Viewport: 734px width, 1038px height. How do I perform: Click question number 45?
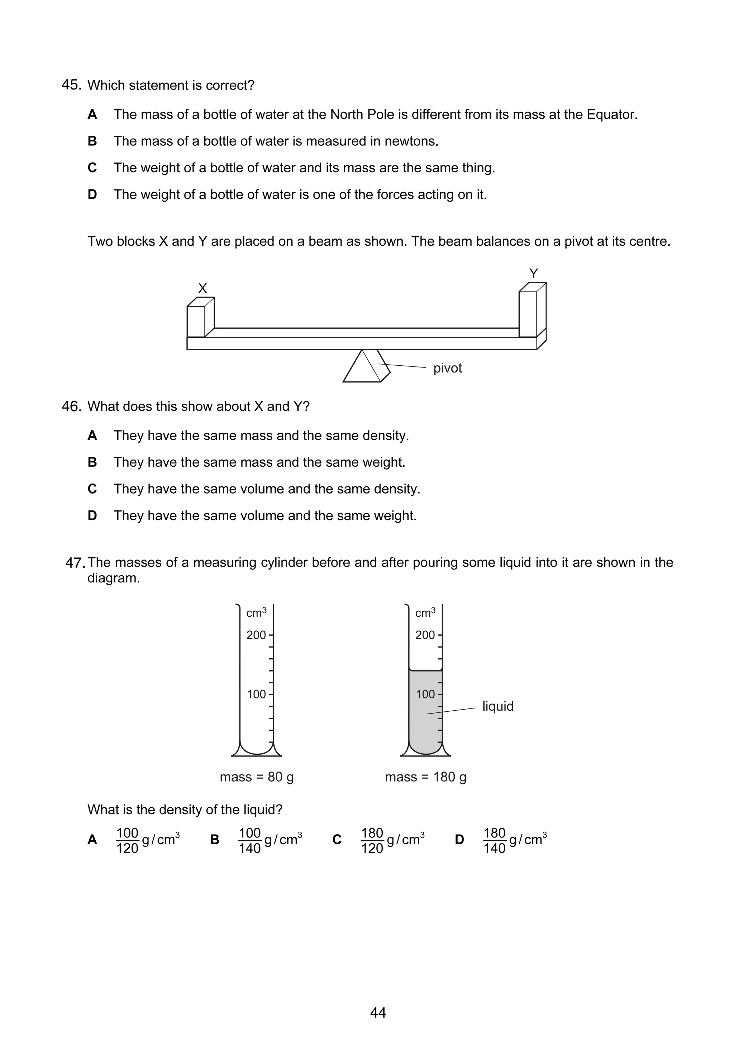[x=71, y=85]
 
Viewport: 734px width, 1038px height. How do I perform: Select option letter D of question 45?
[x=92, y=194]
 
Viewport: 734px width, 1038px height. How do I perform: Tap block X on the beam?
[x=199, y=319]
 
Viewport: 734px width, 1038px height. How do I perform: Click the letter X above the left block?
[x=202, y=288]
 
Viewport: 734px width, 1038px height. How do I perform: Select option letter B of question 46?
[x=92, y=462]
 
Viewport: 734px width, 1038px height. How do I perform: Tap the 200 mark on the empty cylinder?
[x=256, y=635]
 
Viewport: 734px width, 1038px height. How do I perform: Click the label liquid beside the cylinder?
[x=497, y=706]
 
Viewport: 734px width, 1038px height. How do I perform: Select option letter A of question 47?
[x=92, y=840]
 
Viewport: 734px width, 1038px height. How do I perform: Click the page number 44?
[x=378, y=1013]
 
